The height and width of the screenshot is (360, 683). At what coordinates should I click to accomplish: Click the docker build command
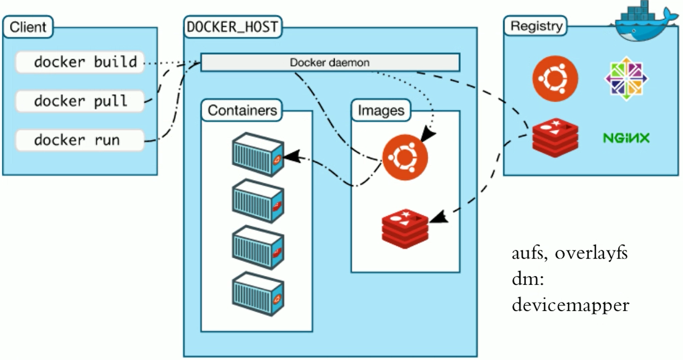[85, 62]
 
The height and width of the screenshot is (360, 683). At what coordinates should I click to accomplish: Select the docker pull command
[80, 101]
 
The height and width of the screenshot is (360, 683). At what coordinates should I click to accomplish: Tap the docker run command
[77, 139]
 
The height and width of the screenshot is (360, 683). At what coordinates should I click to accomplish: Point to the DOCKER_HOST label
[232, 27]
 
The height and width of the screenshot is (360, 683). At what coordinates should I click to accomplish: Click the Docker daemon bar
[329, 63]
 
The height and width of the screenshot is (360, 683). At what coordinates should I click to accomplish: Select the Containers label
[242, 110]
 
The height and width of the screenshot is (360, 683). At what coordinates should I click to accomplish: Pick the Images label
[381, 110]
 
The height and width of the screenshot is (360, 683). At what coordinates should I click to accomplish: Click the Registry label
[536, 26]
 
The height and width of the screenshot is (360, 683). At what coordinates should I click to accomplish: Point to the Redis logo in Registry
[555, 136]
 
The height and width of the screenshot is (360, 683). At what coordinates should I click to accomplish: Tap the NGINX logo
[626, 138]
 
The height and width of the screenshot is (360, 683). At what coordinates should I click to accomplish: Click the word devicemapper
[570, 305]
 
